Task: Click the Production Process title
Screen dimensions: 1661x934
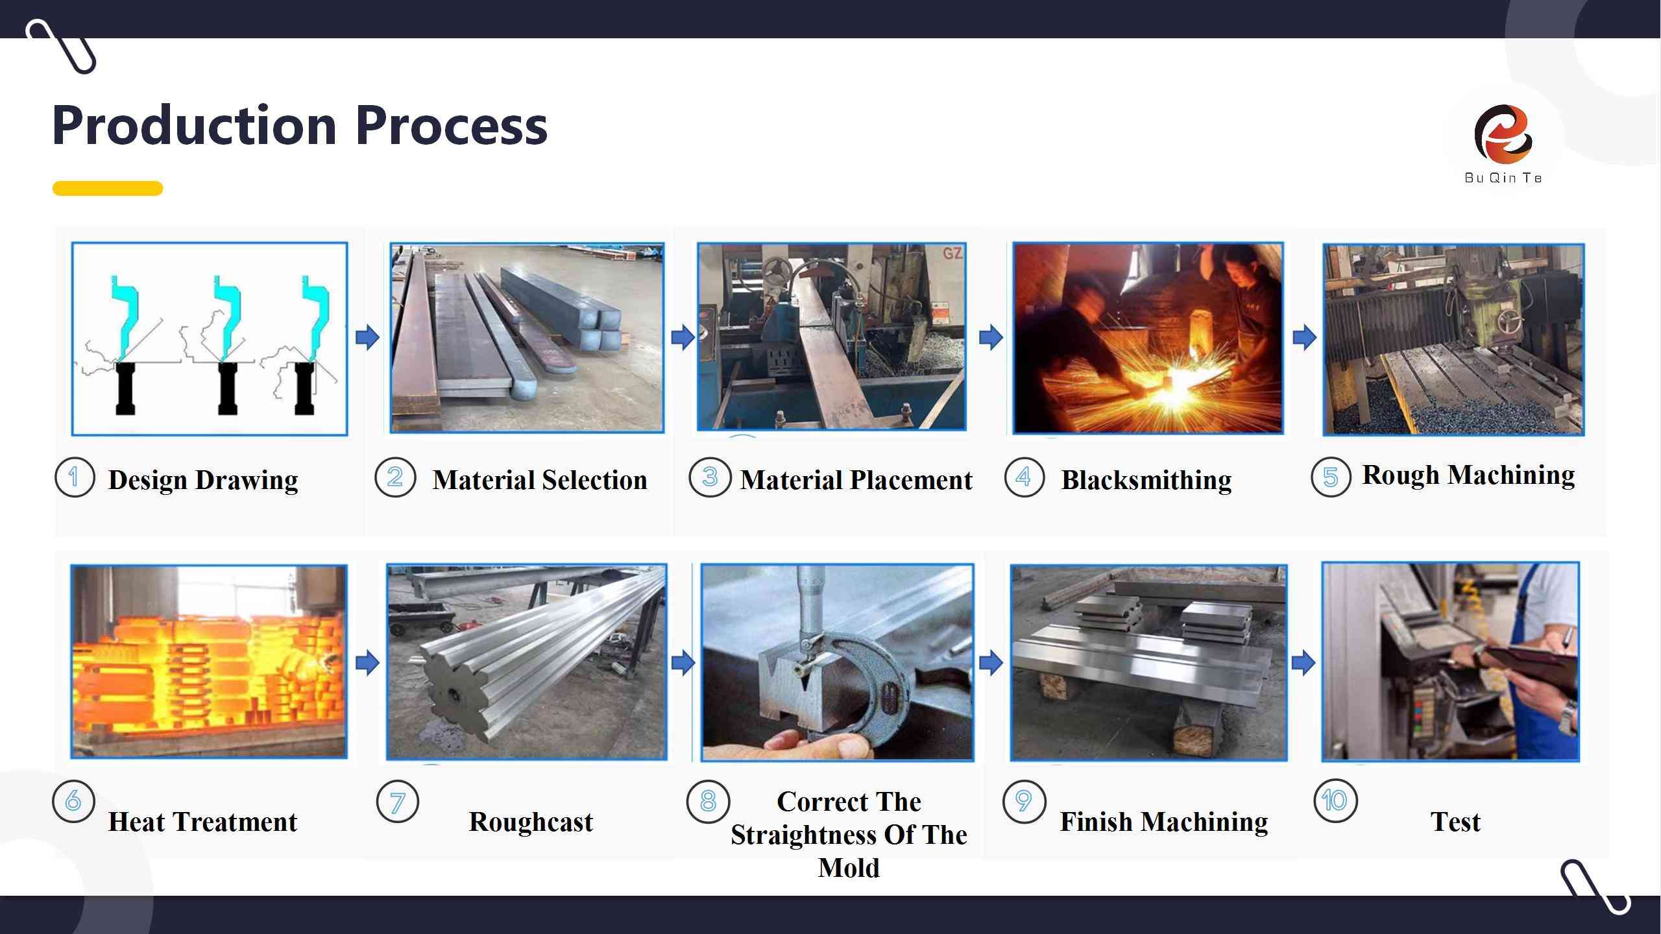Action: (300, 125)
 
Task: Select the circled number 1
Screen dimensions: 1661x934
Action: (75, 477)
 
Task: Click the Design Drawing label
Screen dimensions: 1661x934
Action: (203, 480)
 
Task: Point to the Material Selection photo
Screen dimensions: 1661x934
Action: (527, 338)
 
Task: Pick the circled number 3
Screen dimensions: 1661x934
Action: (709, 477)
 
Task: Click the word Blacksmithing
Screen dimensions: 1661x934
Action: (1146, 480)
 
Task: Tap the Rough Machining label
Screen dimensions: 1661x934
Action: (1468, 475)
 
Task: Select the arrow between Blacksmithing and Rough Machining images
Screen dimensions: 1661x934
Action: (1304, 337)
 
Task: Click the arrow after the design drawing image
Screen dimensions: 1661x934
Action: (367, 337)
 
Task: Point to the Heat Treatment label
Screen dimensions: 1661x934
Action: (202, 822)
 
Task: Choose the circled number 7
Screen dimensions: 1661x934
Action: (397, 801)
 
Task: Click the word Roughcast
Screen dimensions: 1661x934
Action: (531, 822)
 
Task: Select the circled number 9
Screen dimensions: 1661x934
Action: (1024, 801)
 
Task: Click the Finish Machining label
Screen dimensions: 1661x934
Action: (1164, 822)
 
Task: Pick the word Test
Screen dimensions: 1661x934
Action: (1455, 822)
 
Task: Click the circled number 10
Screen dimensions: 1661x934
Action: (1335, 801)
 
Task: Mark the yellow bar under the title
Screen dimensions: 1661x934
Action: (108, 188)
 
